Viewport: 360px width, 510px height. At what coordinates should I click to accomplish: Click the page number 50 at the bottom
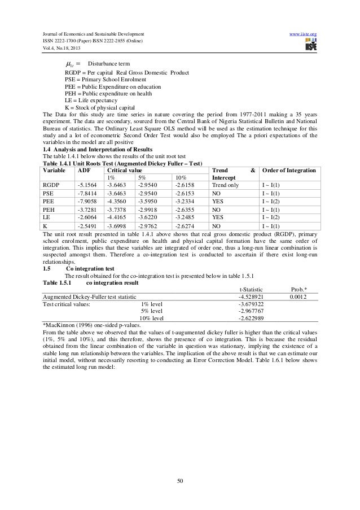(179, 481)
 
